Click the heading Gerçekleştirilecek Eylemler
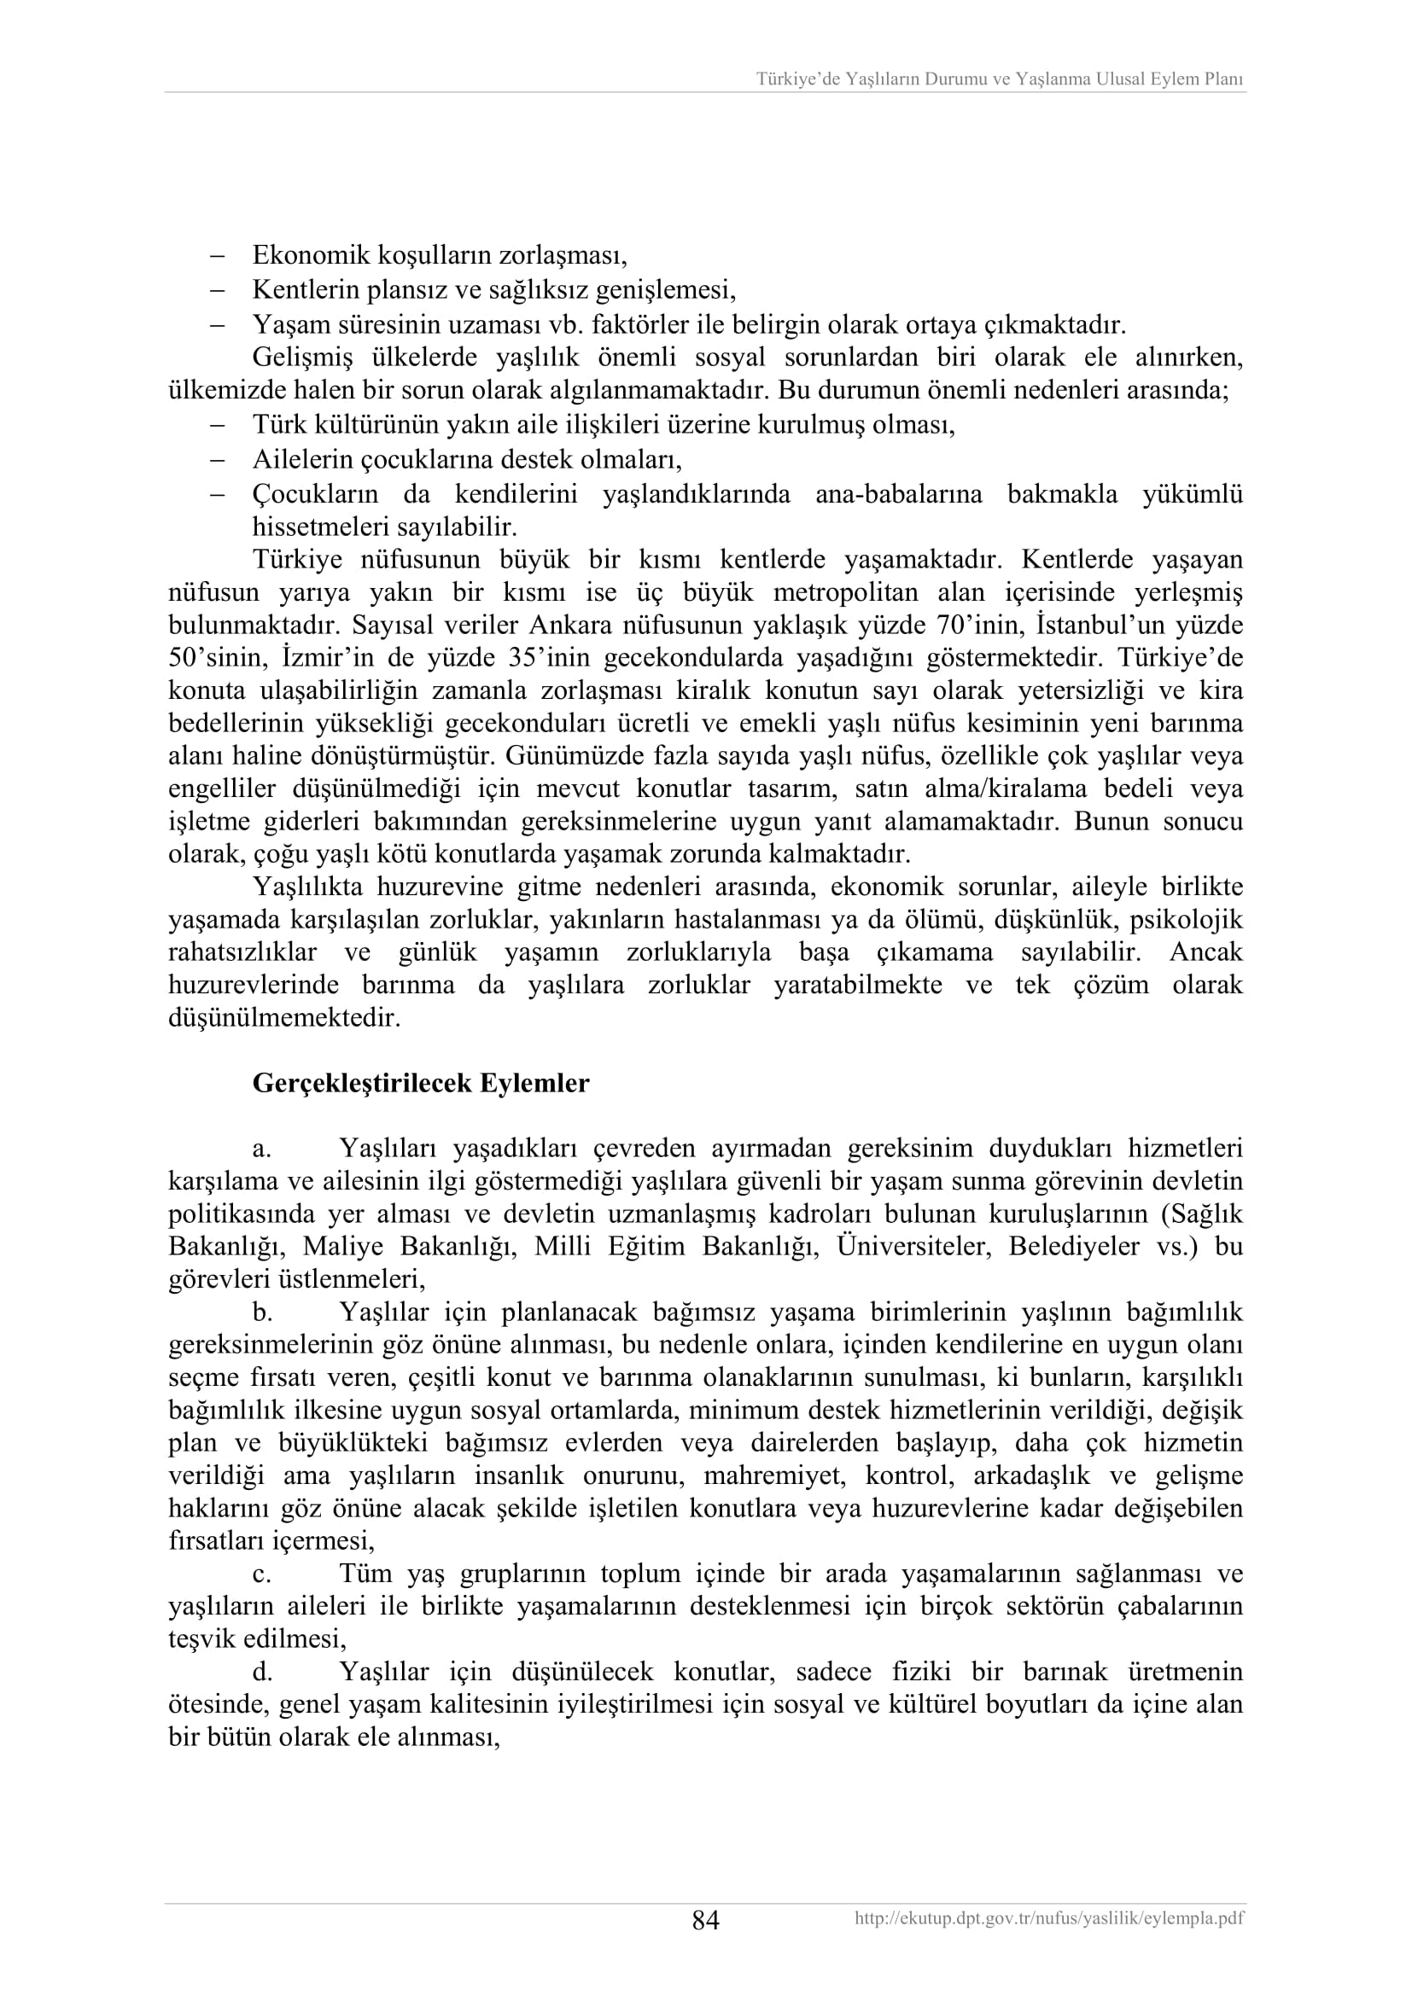point(421,1084)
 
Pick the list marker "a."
point(262,1149)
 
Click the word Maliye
point(342,1247)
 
